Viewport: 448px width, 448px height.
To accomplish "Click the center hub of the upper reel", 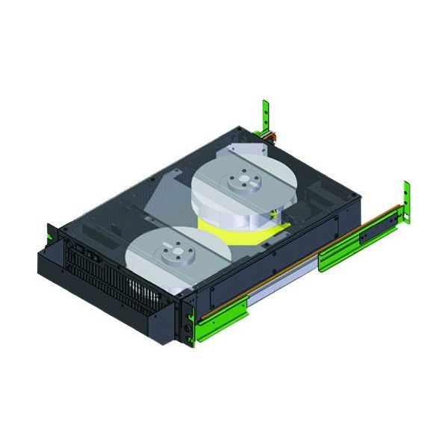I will (x=244, y=181).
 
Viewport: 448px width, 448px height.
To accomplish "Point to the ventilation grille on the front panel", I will (x=112, y=280).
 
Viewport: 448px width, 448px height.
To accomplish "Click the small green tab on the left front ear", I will (x=49, y=234).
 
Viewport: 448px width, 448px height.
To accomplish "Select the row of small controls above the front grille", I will (x=82, y=250).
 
